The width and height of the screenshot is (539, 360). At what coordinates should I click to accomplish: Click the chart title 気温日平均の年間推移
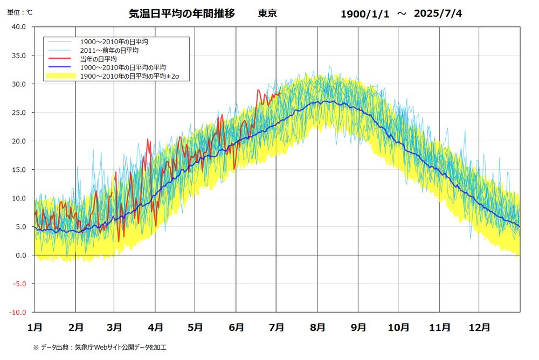pos(182,13)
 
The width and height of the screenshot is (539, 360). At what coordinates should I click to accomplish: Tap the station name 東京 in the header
pos(267,13)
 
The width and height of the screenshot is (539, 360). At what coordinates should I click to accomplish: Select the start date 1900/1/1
pos(364,14)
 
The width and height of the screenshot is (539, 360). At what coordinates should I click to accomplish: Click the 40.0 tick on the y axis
pos(19,27)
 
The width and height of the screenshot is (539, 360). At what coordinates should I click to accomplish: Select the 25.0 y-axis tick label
pos(19,113)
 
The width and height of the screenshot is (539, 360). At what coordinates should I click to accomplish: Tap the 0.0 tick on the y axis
pos(20,255)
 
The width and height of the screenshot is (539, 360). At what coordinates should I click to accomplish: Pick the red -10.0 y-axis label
pos(18,313)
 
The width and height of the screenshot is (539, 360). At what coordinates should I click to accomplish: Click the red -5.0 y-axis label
pos(19,284)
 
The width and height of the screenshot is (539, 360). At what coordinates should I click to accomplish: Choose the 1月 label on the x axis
pos(34,327)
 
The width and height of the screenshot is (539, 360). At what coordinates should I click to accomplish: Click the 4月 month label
pos(155,327)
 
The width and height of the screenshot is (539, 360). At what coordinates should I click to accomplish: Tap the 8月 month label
pos(317,327)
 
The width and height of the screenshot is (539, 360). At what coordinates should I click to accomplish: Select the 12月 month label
pos(479,327)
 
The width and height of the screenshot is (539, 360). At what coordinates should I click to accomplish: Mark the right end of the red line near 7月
pos(280,93)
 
